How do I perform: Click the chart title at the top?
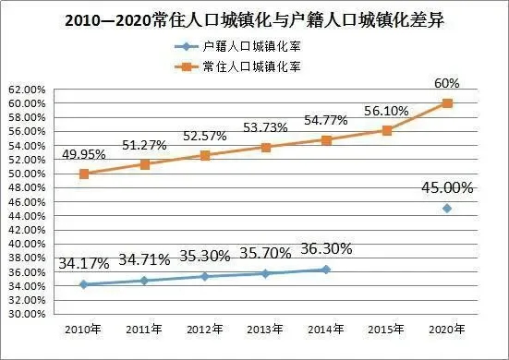pyautogui.click(x=254, y=19)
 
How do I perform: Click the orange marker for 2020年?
pyautogui.click(x=447, y=102)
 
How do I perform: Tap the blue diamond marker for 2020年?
pyautogui.click(x=447, y=209)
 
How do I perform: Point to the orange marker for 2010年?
pyautogui.click(x=84, y=174)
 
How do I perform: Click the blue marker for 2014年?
pyautogui.click(x=326, y=270)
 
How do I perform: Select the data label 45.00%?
pyautogui.click(x=447, y=187)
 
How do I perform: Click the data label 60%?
pyautogui.click(x=447, y=83)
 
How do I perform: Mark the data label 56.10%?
pyautogui.click(x=386, y=110)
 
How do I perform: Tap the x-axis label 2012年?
pyautogui.click(x=205, y=330)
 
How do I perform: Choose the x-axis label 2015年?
pyautogui.click(x=386, y=330)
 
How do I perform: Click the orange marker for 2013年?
pyautogui.click(x=266, y=147)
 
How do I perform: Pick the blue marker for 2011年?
pyautogui.click(x=145, y=280)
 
